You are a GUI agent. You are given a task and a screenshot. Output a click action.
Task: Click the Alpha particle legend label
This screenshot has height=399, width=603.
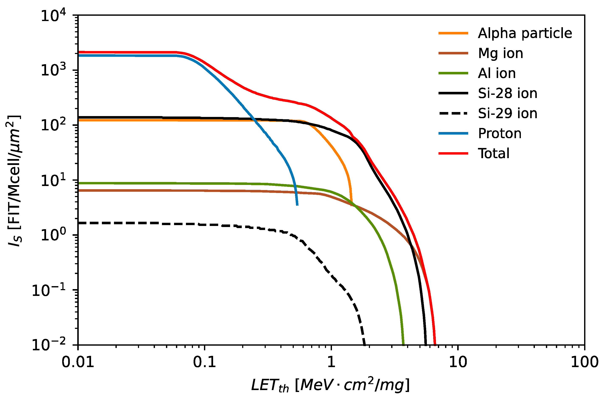pyautogui.click(x=525, y=33)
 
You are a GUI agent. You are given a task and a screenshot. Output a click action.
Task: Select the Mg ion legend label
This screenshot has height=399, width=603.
pyautogui.click(x=500, y=53)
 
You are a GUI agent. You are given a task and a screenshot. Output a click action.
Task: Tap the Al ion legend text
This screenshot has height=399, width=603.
pyautogui.click(x=497, y=74)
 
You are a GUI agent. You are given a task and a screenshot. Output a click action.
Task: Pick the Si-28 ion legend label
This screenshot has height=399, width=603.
pyautogui.click(x=507, y=93)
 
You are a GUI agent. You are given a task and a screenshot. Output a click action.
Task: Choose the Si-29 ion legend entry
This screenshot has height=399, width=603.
pyautogui.click(x=507, y=114)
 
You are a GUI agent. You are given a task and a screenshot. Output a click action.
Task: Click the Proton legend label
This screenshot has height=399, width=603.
pyautogui.click(x=500, y=133)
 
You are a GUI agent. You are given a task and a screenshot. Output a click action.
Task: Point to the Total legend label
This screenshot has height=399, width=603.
pyautogui.click(x=493, y=153)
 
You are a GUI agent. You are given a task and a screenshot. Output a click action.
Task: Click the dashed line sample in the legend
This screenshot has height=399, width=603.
pyautogui.click(x=453, y=114)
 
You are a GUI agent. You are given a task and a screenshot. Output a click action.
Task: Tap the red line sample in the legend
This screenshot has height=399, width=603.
pyautogui.click(x=453, y=153)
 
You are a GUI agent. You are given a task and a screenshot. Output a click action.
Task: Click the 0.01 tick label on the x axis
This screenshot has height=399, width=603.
pyautogui.click(x=78, y=362)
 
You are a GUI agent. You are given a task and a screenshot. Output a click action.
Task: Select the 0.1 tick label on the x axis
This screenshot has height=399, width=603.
pyautogui.click(x=204, y=362)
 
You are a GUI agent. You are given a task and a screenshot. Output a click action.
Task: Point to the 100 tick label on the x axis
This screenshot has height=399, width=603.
pyautogui.click(x=584, y=362)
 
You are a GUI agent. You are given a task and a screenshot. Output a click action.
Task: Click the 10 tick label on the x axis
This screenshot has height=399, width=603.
pyautogui.click(x=458, y=362)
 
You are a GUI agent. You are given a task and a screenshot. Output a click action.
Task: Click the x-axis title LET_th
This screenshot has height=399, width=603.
pyautogui.click(x=330, y=385)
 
